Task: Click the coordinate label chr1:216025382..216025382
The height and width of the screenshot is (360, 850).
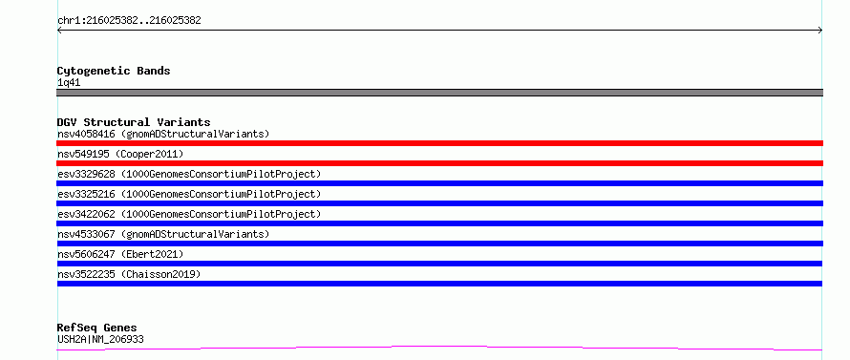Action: click(x=129, y=21)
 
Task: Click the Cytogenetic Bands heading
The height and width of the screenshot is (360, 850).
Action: click(x=114, y=71)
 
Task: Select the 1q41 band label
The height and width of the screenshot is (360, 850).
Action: click(x=69, y=83)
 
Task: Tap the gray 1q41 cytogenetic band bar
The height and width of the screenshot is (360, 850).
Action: click(x=439, y=93)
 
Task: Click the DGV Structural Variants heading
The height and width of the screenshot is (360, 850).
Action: click(x=134, y=122)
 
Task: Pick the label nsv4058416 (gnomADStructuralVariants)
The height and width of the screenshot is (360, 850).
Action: click(x=163, y=134)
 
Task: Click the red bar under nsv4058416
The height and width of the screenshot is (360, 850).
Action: click(x=439, y=143)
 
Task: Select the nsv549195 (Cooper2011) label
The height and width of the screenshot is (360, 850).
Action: click(x=120, y=154)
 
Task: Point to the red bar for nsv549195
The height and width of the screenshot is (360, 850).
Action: click(x=439, y=163)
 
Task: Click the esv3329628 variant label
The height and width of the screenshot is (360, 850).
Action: click(x=189, y=174)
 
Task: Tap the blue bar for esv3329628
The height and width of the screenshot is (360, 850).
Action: click(x=439, y=183)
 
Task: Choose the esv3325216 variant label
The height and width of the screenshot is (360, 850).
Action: click(x=189, y=194)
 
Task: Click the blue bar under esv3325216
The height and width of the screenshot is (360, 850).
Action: click(x=439, y=203)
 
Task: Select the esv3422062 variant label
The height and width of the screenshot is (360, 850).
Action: click(x=189, y=214)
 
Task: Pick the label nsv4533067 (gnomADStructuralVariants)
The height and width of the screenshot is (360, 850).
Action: click(x=163, y=234)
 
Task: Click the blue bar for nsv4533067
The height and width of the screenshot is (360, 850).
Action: click(x=439, y=244)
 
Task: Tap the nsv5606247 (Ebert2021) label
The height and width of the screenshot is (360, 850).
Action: click(x=120, y=254)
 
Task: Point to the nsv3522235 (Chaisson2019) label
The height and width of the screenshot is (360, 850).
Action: click(x=129, y=274)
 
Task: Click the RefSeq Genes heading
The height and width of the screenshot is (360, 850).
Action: click(x=97, y=328)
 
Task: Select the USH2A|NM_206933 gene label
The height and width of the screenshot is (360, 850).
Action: click(x=100, y=340)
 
